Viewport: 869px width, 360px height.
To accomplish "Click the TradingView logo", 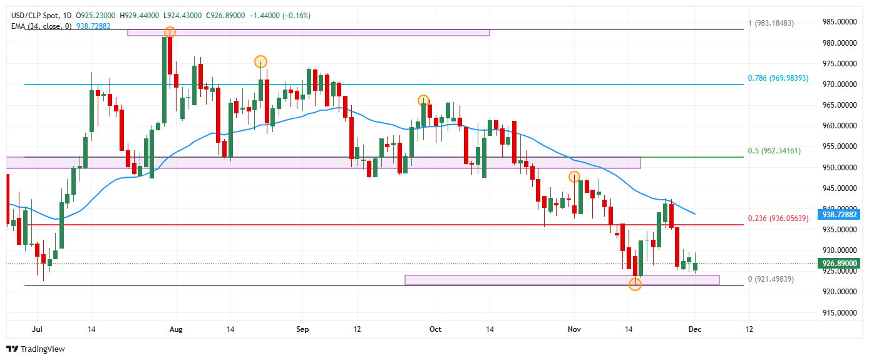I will coord(36,349).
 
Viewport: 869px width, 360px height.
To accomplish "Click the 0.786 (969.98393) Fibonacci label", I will coord(778,79).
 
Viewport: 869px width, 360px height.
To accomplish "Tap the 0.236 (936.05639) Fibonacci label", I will coord(778,219).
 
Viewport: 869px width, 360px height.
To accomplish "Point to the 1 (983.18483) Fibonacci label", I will coord(771,23).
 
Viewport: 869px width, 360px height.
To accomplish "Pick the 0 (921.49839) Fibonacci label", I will coord(771,279).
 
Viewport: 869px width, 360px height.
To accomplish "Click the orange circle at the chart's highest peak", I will coord(170,32).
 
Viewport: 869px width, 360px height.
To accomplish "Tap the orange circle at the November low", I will coord(635,285).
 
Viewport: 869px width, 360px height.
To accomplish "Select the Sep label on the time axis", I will coord(302,329).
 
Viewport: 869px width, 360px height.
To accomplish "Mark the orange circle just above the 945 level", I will coord(574,177).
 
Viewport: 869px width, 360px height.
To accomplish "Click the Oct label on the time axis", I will coord(436,329).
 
